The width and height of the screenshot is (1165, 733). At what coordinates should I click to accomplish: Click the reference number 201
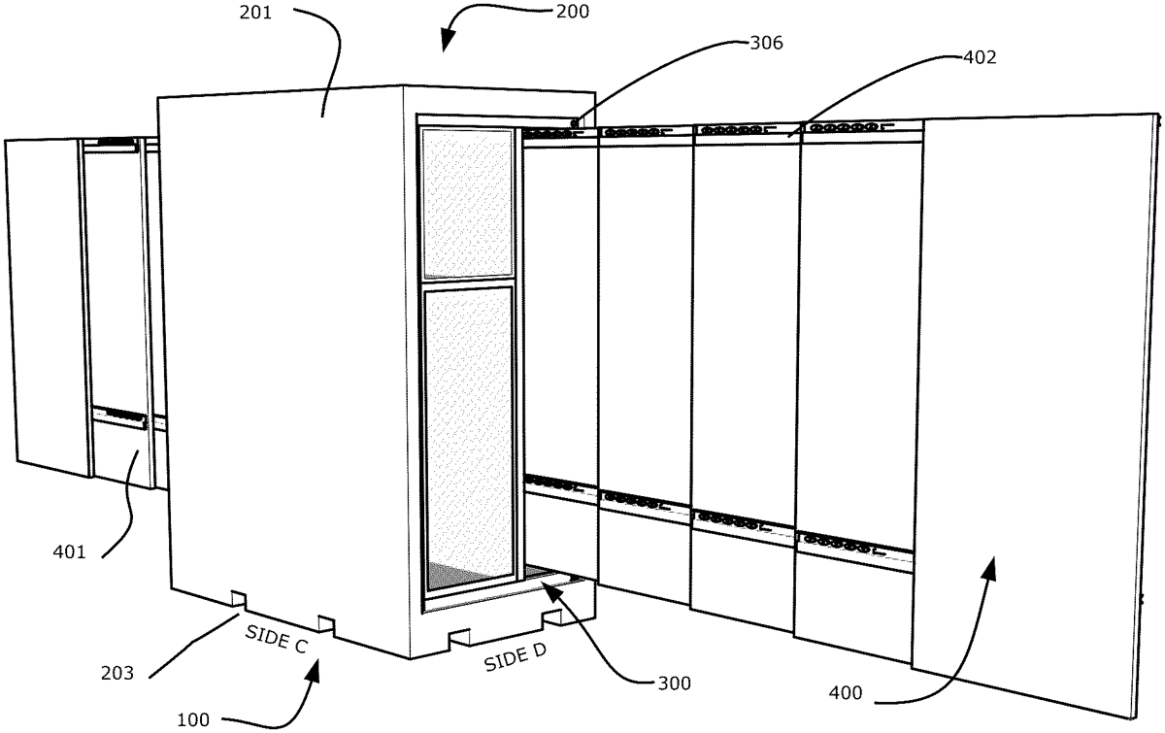[255, 13]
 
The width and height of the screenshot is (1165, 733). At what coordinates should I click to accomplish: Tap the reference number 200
[572, 12]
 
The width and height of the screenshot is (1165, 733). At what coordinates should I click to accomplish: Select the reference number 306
[766, 43]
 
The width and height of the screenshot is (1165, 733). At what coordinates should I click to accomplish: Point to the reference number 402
[980, 57]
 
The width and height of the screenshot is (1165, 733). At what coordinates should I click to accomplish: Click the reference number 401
[69, 551]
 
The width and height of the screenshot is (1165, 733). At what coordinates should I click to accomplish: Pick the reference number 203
[117, 673]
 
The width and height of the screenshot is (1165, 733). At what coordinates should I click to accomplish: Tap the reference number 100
[193, 720]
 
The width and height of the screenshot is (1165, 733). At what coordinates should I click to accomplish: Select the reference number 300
[674, 683]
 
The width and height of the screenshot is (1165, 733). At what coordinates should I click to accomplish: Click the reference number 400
[846, 693]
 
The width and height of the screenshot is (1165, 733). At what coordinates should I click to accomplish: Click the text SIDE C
[277, 640]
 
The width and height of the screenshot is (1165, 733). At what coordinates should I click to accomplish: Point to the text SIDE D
[515, 657]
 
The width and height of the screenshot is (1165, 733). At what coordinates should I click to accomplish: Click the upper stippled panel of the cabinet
[467, 203]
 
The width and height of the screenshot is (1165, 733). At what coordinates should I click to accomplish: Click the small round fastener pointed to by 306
[575, 123]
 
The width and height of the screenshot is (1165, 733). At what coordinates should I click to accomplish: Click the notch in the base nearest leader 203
[239, 598]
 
